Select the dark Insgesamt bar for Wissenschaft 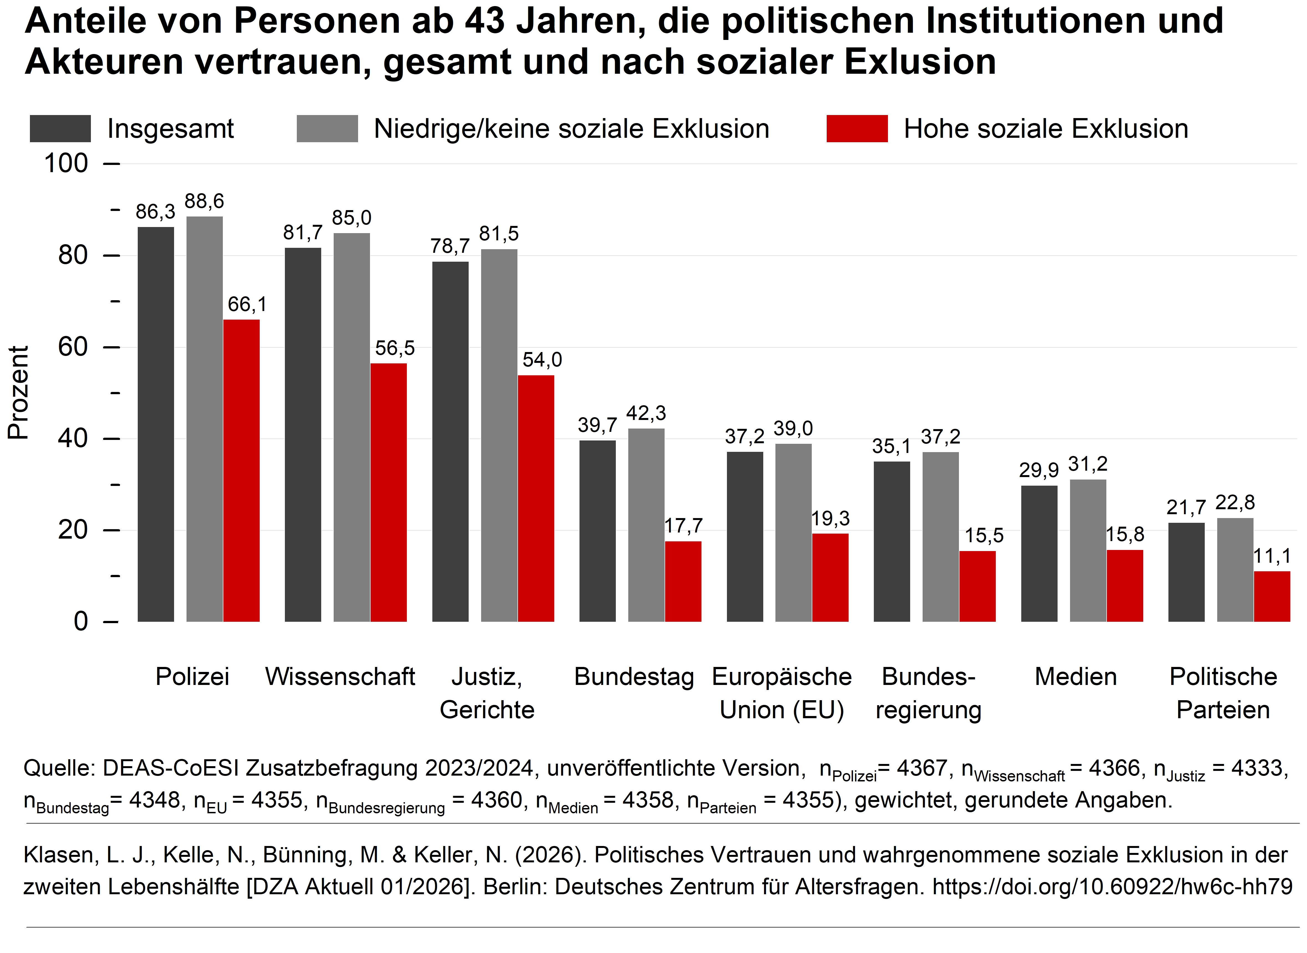pyautogui.click(x=303, y=434)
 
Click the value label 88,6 pyautogui.click(x=204, y=201)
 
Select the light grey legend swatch pyautogui.click(x=327, y=129)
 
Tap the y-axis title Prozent pyautogui.click(x=19, y=392)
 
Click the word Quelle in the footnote pyautogui.click(x=58, y=768)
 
